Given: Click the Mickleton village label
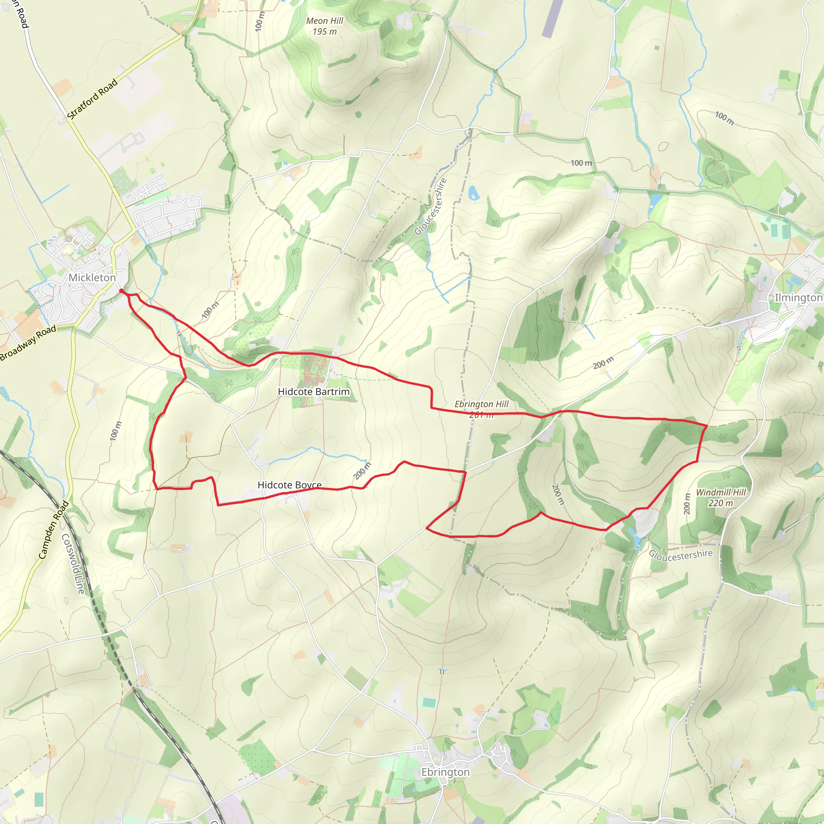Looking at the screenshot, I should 92,278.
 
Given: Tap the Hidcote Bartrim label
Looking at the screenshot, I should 313,391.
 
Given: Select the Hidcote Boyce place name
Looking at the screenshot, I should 290,485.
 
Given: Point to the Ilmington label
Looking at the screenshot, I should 798,298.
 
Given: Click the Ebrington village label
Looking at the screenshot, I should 445,772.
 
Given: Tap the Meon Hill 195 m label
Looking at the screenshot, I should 325,26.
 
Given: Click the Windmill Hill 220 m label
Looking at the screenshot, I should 721,497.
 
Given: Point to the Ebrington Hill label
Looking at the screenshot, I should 482,404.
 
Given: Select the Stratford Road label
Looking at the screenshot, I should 92,99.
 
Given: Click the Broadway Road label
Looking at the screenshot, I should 28,343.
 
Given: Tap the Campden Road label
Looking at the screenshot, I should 54,530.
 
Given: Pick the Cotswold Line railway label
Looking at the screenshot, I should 73,564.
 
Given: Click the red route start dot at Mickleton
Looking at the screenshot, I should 122,291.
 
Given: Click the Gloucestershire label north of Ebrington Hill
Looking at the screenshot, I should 431,206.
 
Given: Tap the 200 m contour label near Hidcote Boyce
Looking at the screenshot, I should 362,471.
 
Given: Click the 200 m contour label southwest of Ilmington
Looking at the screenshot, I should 604,363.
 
